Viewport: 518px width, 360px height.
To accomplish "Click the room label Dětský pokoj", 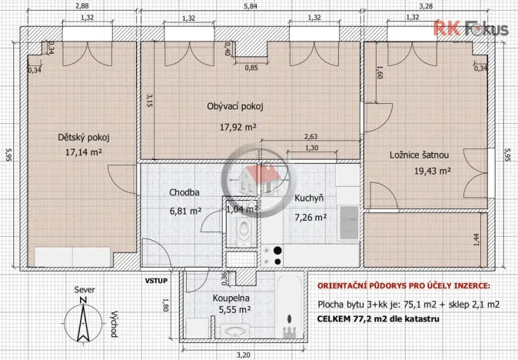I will pyautogui.click(x=84, y=138).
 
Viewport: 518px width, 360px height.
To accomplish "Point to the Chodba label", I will pyautogui.click(x=185, y=192).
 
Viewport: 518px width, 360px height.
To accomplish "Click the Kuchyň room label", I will pyautogui.click(x=309, y=198).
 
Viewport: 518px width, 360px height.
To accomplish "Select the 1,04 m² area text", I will pyautogui.click(x=242, y=208).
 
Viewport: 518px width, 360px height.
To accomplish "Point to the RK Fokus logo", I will pyautogui.click(x=472, y=29).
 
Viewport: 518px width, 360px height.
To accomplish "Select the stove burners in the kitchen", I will pyautogui.click(x=273, y=257).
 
